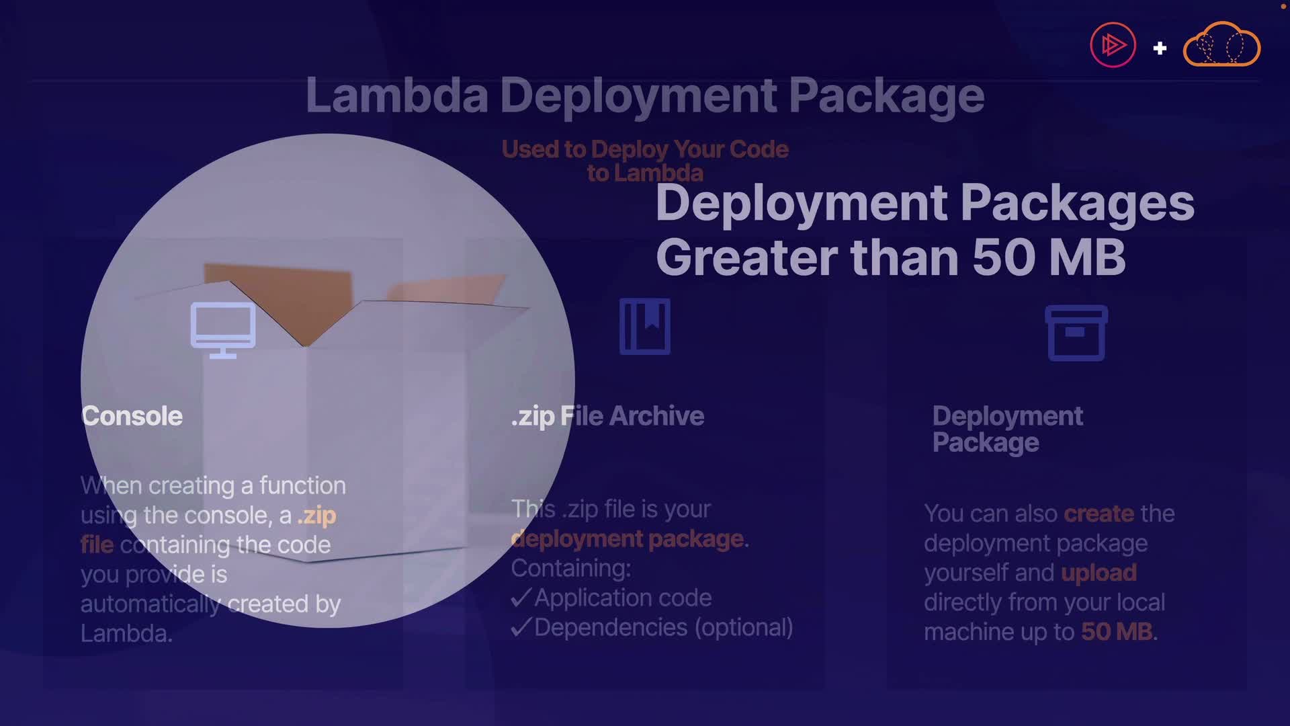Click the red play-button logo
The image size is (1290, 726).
[1113, 45]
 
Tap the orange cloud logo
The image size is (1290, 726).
[1221, 45]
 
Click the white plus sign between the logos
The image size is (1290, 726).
[1160, 48]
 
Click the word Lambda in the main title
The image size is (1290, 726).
[397, 95]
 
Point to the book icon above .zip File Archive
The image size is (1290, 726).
[645, 327]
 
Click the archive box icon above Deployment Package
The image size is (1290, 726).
[1076, 333]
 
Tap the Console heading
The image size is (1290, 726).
[132, 416]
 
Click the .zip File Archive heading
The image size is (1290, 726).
[607, 416]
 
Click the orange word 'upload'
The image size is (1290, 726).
[1099, 573]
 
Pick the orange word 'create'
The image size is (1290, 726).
[1099, 514]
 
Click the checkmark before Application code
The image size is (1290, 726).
[521, 598]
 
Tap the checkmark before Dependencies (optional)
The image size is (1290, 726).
[521, 627]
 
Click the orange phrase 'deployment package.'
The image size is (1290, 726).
[629, 538]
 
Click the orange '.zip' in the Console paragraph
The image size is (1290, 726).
[316, 516]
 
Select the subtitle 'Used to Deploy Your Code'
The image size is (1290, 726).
[645, 149]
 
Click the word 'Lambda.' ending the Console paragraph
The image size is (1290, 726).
[126, 633]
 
